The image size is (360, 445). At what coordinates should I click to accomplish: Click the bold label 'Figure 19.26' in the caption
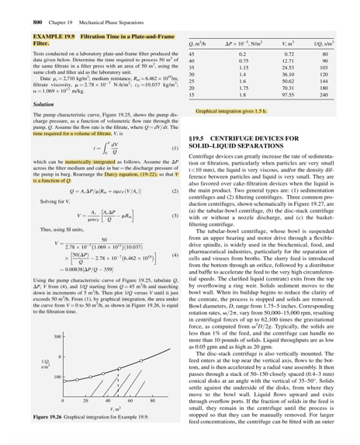51,429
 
